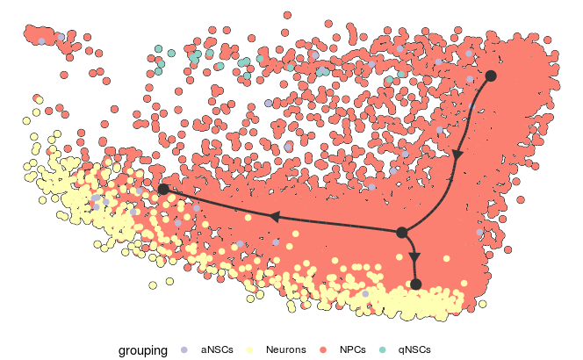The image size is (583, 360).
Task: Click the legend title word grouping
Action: [143, 349]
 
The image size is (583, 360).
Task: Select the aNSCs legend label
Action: [217, 349]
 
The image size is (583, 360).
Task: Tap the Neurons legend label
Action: [285, 349]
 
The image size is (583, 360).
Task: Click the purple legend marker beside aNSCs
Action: [184, 349]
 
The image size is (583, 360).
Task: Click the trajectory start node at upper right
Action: [491, 76]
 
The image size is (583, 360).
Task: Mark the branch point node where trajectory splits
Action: [401, 233]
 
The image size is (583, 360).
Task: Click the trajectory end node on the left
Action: [163, 189]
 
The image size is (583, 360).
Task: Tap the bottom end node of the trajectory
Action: [416, 284]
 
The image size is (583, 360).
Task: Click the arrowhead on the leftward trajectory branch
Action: [275, 216]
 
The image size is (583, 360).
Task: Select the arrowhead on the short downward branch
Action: [414, 256]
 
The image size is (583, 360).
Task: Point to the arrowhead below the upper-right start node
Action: [457, 154]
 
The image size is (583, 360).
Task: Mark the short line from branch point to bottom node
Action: [411, 246]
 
